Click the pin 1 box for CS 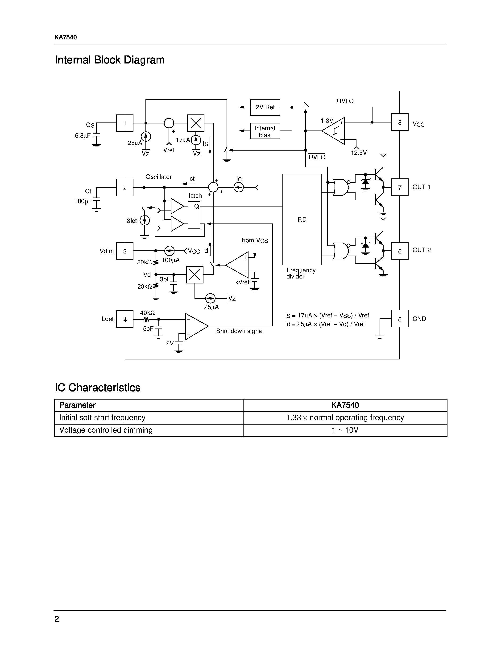125,123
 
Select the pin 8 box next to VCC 399,122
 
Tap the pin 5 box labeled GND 399,319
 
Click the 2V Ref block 265,107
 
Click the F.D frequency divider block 302,219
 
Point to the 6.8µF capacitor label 83,136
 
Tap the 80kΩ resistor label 144,262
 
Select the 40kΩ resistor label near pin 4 147,313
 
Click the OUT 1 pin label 421,187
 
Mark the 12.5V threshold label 359,153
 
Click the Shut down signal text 240,331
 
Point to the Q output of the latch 196,206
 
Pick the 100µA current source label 171,260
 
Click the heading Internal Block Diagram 110,60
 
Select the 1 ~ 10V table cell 345,430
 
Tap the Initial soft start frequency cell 102,417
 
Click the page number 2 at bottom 57,619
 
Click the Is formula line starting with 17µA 327,315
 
